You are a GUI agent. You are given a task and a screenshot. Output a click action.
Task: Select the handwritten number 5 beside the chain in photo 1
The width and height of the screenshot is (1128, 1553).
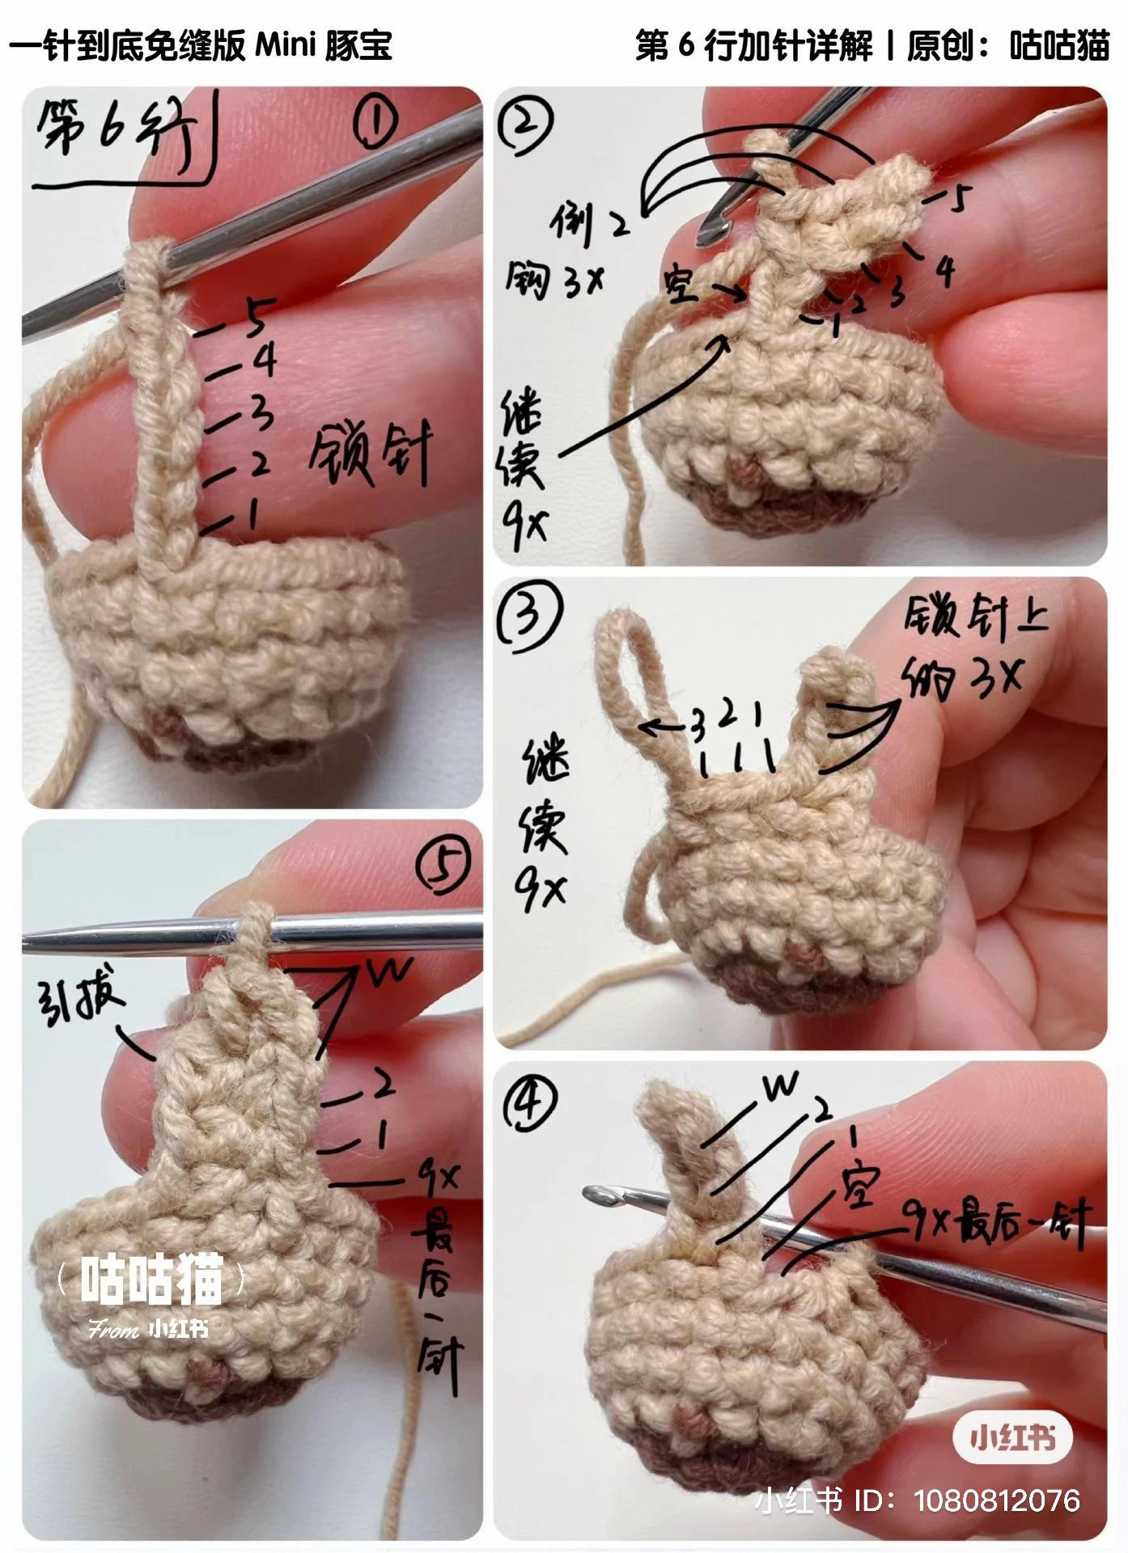pyautogui.click(x=257, y=317)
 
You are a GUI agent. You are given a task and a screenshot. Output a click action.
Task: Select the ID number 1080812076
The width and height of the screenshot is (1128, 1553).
pyautogui.click(x=997, y=1501)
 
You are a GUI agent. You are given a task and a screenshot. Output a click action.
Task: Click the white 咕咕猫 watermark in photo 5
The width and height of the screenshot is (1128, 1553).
pyautogui.click(x=151, y=1280)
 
